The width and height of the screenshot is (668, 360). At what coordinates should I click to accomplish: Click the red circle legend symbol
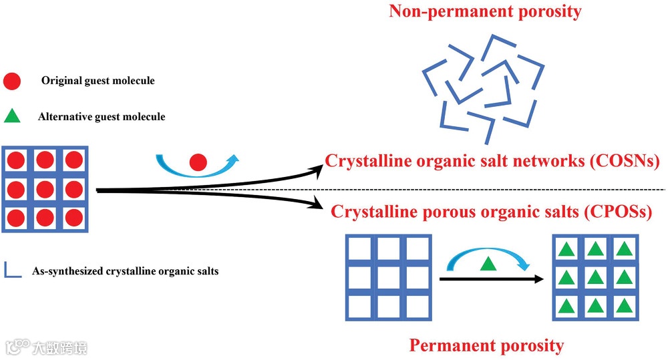tap(13, 81)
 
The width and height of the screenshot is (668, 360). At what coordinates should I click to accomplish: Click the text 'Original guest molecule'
tap(98, 81)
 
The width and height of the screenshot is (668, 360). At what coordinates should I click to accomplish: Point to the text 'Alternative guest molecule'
tap(102, 117)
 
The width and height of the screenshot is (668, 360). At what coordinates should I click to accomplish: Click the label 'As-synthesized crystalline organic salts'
tap(125, 271)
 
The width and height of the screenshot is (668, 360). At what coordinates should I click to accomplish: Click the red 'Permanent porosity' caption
tap(486, 345)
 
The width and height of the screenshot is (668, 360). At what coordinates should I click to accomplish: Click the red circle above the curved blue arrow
tap(198, 162)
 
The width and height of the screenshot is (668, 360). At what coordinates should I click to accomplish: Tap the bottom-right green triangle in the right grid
tap(624, 306)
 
